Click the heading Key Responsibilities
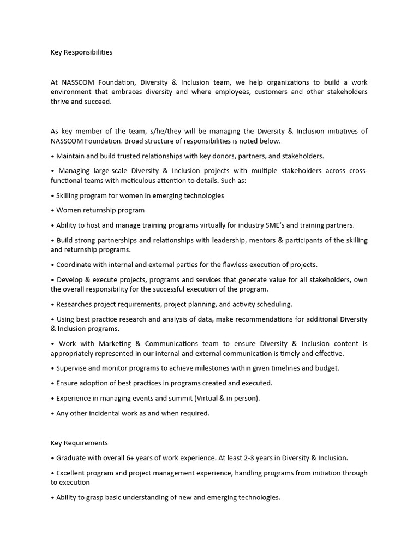[81, 52]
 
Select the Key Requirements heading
[79, 443]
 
